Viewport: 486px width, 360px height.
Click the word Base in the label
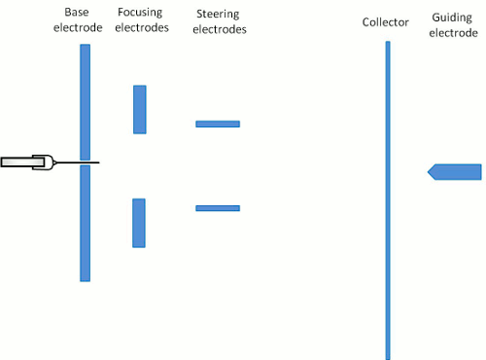[x=78, y=12]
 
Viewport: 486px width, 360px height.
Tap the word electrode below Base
[x=78, y=27]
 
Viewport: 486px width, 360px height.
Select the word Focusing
[x=139, y=12]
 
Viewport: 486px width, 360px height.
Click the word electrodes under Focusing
[x=139, y=27]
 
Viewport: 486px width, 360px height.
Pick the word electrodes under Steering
[x=219, y=29]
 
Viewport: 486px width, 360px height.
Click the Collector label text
[x=386, y=21]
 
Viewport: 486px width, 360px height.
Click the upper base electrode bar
[x=86, y=101]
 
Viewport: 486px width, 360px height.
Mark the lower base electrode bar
[x=86, y=223]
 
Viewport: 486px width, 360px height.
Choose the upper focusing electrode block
[x=140, y=109]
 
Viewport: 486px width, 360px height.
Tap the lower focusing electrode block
[x=139, y=223]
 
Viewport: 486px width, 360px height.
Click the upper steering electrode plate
[x=218, y=124]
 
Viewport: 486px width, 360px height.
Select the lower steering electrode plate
[x=218, y=207]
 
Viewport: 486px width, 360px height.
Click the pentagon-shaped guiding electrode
[x=459, y=171]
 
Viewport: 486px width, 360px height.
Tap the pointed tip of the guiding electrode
[x=430, y=171]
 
